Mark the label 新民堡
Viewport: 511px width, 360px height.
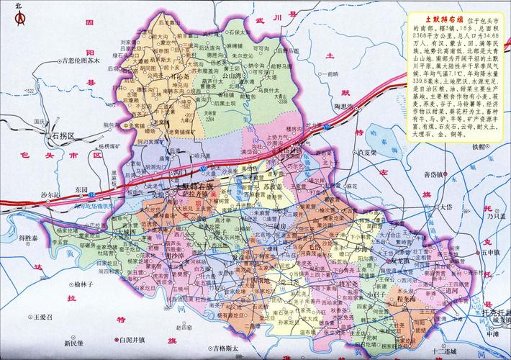tap(74, 343)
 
